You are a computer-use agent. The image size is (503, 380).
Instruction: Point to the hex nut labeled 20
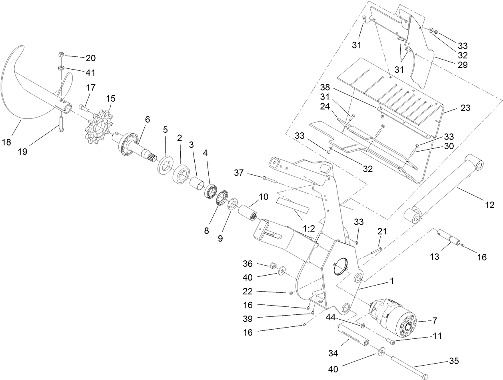pos(61,54)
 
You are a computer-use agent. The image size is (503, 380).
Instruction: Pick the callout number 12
pos(490,205)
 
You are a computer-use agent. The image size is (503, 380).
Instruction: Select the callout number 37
pos(239,173)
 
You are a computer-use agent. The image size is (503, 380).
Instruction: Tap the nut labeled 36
pos(273,266)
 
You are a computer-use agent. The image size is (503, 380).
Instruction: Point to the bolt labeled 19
pos(60,124)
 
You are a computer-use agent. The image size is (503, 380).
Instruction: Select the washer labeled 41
pos(61,68)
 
